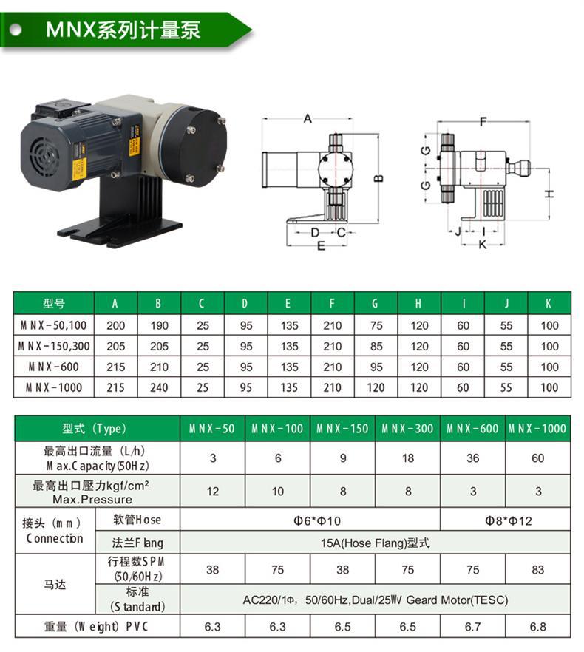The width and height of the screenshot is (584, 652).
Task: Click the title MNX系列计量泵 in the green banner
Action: (123, 30)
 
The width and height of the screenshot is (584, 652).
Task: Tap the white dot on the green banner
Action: (16, 30)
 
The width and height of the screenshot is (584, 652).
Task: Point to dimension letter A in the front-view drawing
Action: (308, 118)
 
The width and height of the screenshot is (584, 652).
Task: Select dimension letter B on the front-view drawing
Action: (378, 178)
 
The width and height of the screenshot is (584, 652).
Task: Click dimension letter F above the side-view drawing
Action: (483, 121)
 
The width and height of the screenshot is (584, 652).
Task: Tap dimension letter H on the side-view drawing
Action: (549, 194)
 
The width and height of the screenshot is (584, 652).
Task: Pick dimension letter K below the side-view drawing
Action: (483, 244)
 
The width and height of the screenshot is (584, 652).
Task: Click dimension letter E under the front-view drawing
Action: (321, 245)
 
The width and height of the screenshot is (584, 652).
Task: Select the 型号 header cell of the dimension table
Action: (54, 303)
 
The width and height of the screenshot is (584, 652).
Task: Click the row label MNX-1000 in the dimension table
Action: (54, 387)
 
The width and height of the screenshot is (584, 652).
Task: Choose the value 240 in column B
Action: (159, 387)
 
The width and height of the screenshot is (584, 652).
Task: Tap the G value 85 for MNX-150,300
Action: (376, 347)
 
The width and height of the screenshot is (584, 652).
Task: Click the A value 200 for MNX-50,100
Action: (115, 325)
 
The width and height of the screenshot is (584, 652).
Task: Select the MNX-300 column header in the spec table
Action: (407, 428)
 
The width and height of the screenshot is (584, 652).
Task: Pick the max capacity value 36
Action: (472, 458)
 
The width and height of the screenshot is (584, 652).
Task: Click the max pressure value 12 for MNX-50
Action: (213, 492)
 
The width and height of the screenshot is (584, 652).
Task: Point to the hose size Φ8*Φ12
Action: (509, 520)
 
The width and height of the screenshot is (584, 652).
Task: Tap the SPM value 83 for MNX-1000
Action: (538, 570)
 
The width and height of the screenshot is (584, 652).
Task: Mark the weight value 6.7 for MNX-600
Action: (472, 627)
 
